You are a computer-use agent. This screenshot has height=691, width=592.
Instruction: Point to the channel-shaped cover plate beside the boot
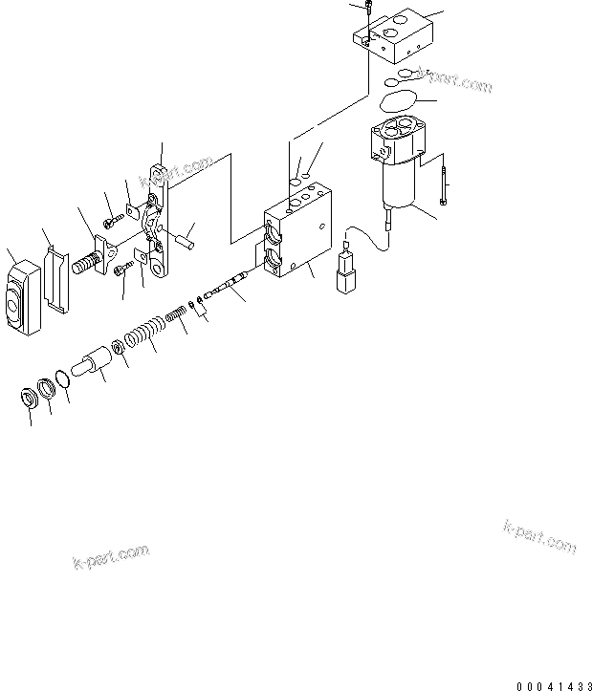tap(56, 277)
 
